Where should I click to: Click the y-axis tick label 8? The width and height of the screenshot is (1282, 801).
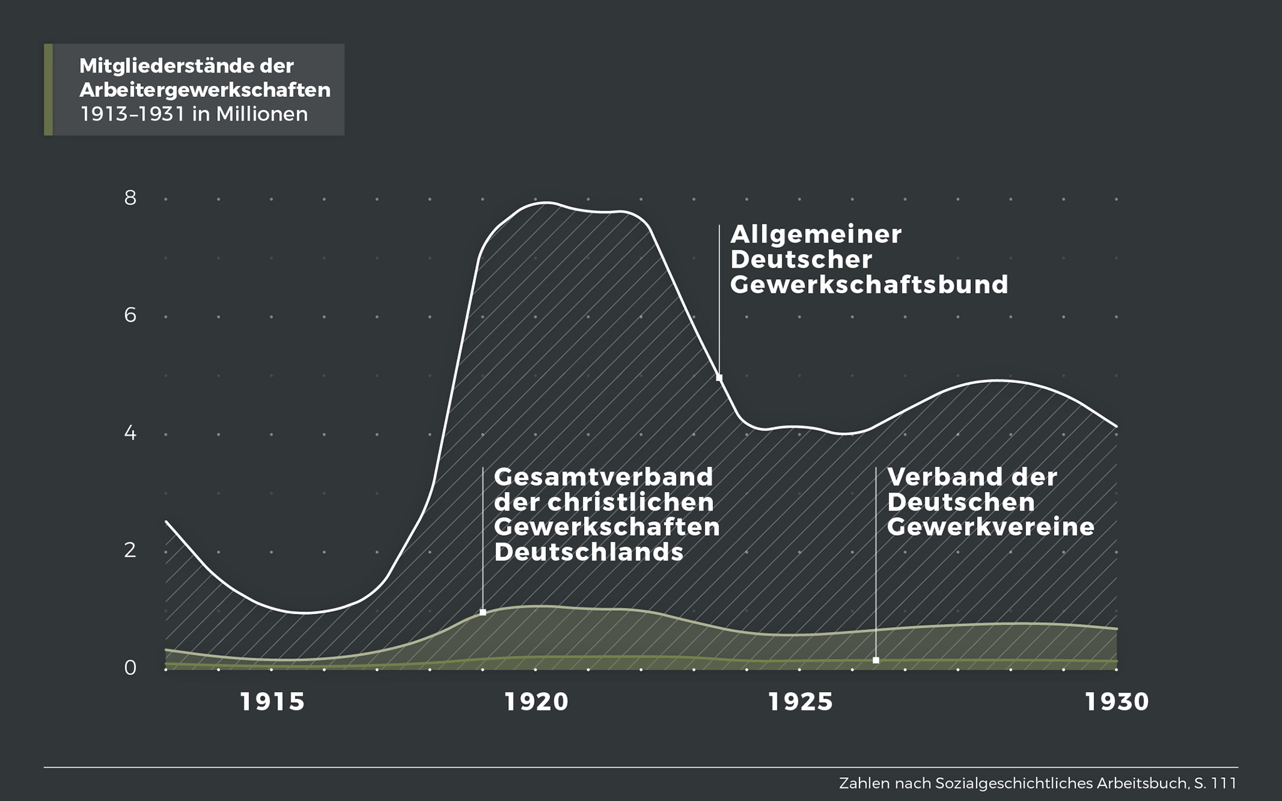[130, 198]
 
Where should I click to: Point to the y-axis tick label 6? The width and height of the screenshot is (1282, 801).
[130, 315]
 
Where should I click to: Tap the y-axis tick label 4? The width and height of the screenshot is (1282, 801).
[130, 432]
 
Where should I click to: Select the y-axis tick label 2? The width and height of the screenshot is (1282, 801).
[130, 550]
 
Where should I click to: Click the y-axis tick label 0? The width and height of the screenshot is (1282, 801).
[130, 668]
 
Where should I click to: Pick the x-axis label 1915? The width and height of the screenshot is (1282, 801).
[272, 702]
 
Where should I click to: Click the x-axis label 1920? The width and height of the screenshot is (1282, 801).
[536, 702]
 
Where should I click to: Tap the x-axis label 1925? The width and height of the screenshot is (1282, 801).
[801, 702]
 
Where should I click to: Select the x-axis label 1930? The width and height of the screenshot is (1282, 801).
[1117, 702]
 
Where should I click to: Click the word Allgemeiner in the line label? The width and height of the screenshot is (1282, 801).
[816, 235]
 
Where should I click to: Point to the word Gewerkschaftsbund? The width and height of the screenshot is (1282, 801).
[869, 285]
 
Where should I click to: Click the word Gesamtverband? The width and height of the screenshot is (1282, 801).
[603, 477]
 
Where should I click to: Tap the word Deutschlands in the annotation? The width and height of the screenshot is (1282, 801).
[588, 553]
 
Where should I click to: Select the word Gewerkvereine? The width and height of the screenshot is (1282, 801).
[990, 527]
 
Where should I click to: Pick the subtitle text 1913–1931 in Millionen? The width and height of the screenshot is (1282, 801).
[193, 115]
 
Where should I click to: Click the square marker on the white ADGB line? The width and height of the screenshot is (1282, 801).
[719, 378]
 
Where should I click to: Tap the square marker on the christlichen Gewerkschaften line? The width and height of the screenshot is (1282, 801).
[483, 612]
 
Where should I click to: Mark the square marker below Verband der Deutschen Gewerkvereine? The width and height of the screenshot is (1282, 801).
[876, 660]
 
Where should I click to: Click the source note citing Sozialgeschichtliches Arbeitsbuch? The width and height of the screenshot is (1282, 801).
[1037, 783]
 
